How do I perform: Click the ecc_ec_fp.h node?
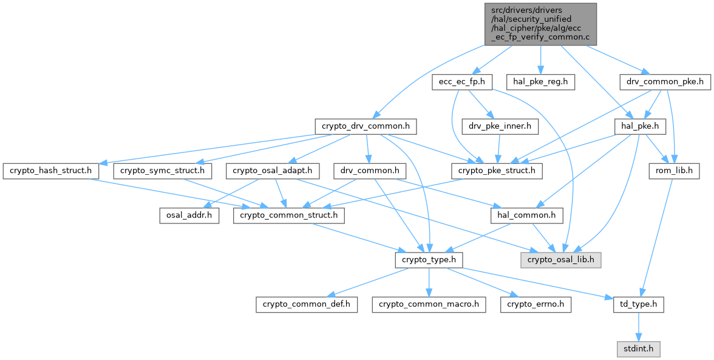click(x=462, y=82)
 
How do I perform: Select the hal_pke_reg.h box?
click(x=540, y=82)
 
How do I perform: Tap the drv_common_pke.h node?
click(x=665, y=82)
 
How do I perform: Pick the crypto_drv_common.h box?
click(x=366, y=127)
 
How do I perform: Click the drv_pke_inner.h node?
click(x=500, y=127)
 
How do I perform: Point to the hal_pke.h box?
click(x=640, y=127)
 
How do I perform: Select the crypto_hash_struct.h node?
click(x=51, y=171)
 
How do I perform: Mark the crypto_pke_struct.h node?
click(x=497, y=171)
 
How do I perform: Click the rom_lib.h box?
click(x=674, y=171)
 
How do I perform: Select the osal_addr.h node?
click(x=189, y=216)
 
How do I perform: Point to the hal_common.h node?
click(x=526, y=216)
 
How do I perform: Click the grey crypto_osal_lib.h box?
click(x=560, y=260)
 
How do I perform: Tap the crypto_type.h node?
click(x=429, y=260)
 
